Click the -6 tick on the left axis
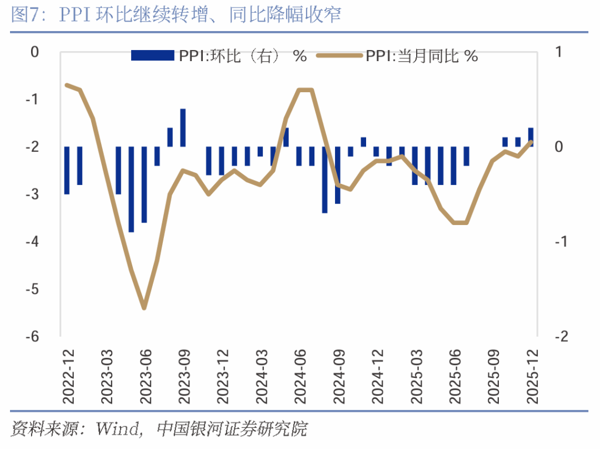coord(34,337)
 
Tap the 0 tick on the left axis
coord(35,52)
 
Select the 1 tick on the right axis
coord(558,52)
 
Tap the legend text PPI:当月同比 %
coord(422,56)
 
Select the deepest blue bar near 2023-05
coord(132,189)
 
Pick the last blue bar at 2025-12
coord(531,137)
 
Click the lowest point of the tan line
coord(144,307)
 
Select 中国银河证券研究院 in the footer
coord(232,429)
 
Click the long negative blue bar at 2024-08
coord(324,179)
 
